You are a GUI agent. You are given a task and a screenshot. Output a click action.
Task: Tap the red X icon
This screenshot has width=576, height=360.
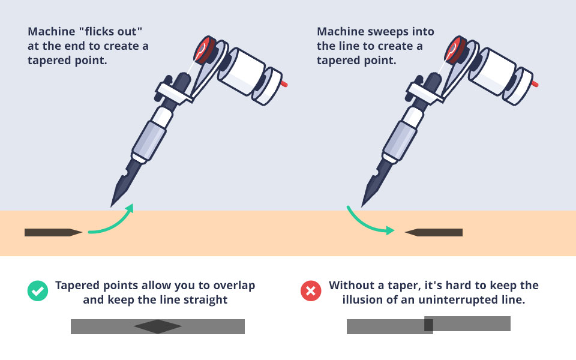click(310, 292)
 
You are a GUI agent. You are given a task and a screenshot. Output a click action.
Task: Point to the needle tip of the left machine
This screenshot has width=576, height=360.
click(113, 204)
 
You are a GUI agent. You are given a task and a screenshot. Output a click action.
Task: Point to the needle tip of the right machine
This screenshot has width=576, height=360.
click(364, 204)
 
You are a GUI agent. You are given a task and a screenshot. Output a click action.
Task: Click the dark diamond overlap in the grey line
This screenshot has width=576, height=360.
click(158, 326)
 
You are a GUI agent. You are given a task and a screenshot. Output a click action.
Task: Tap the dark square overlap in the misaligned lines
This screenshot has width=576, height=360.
click(428, 325)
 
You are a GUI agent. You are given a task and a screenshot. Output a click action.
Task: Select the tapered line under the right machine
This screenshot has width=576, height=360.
click(434, 232)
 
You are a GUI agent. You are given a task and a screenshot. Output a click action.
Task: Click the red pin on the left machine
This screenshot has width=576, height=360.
click(284, 84)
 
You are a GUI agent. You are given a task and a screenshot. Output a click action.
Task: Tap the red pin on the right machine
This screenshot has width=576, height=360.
click(535, 84)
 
